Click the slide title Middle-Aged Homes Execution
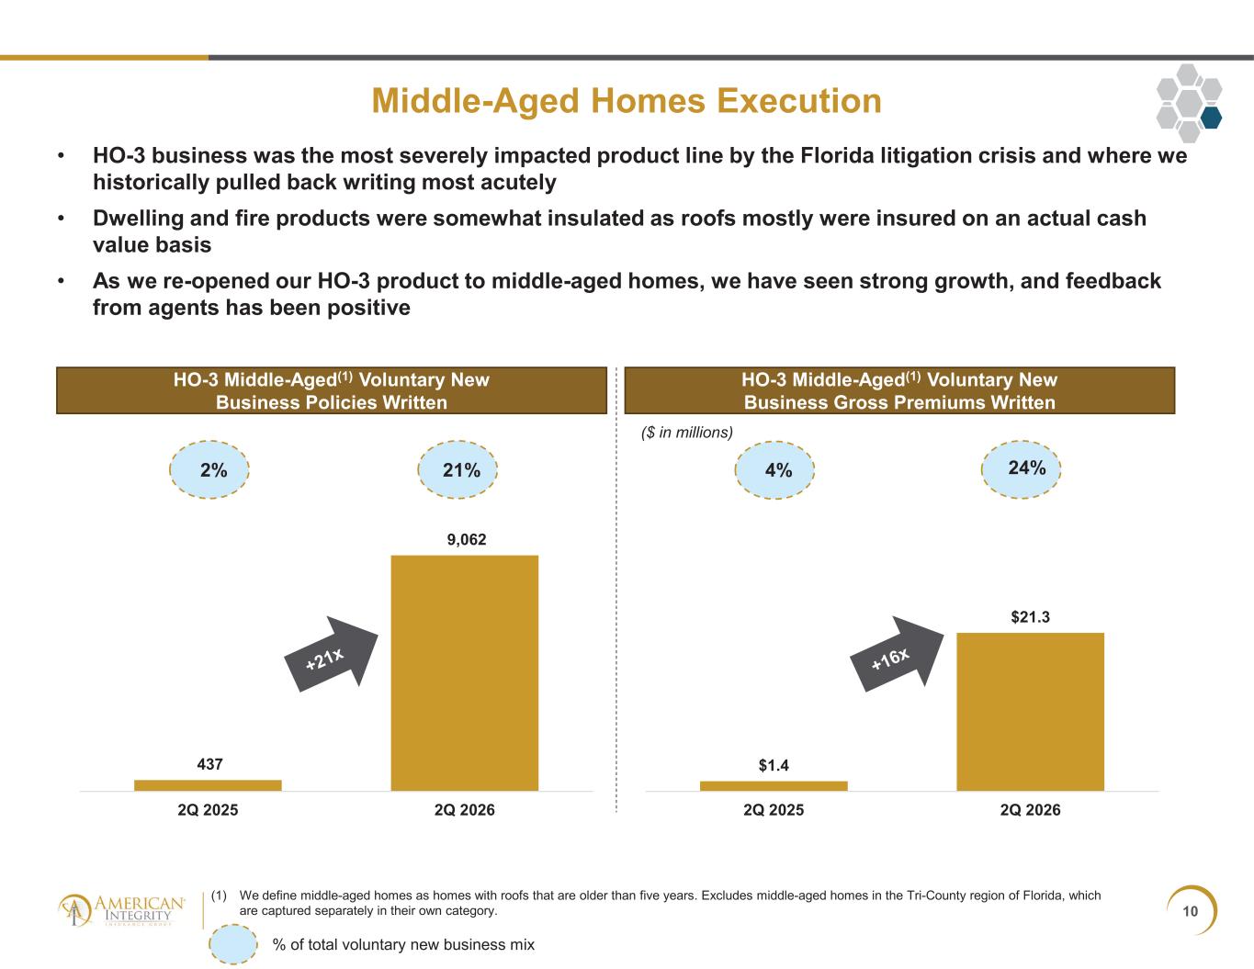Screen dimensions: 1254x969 (x=627, y=101)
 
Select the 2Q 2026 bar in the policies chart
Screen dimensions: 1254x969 (x=465, y=673)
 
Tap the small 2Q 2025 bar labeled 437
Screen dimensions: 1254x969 (x=208, y=785)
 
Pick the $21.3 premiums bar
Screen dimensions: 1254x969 (x=1030, y=712)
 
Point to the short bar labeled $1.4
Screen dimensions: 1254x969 (x=774, y=786)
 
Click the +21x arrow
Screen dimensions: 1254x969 (x=332, y=654)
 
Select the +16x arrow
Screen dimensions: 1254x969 (x=897, y=654)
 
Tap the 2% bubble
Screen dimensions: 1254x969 (x=209, y=469)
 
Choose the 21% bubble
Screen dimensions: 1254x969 (x=458, y=469)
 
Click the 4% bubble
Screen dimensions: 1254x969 (x=775, y=470)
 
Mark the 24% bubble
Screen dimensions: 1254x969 (x=1022, y=469)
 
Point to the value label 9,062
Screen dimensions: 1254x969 (x=467, y=540)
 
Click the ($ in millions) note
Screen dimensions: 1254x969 (x=687, y=433)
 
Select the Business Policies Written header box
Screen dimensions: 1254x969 (x=332, y=390)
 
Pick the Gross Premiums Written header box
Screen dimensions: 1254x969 (x=899, y=390)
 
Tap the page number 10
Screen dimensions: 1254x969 (x=1191, y=911)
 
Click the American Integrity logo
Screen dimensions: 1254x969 (x=122, y=911)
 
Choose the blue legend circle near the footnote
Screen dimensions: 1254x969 (x=233, y=944)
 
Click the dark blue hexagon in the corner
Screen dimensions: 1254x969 (x=1211, y=117)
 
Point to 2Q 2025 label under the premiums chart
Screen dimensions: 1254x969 (x=774, y=810)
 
